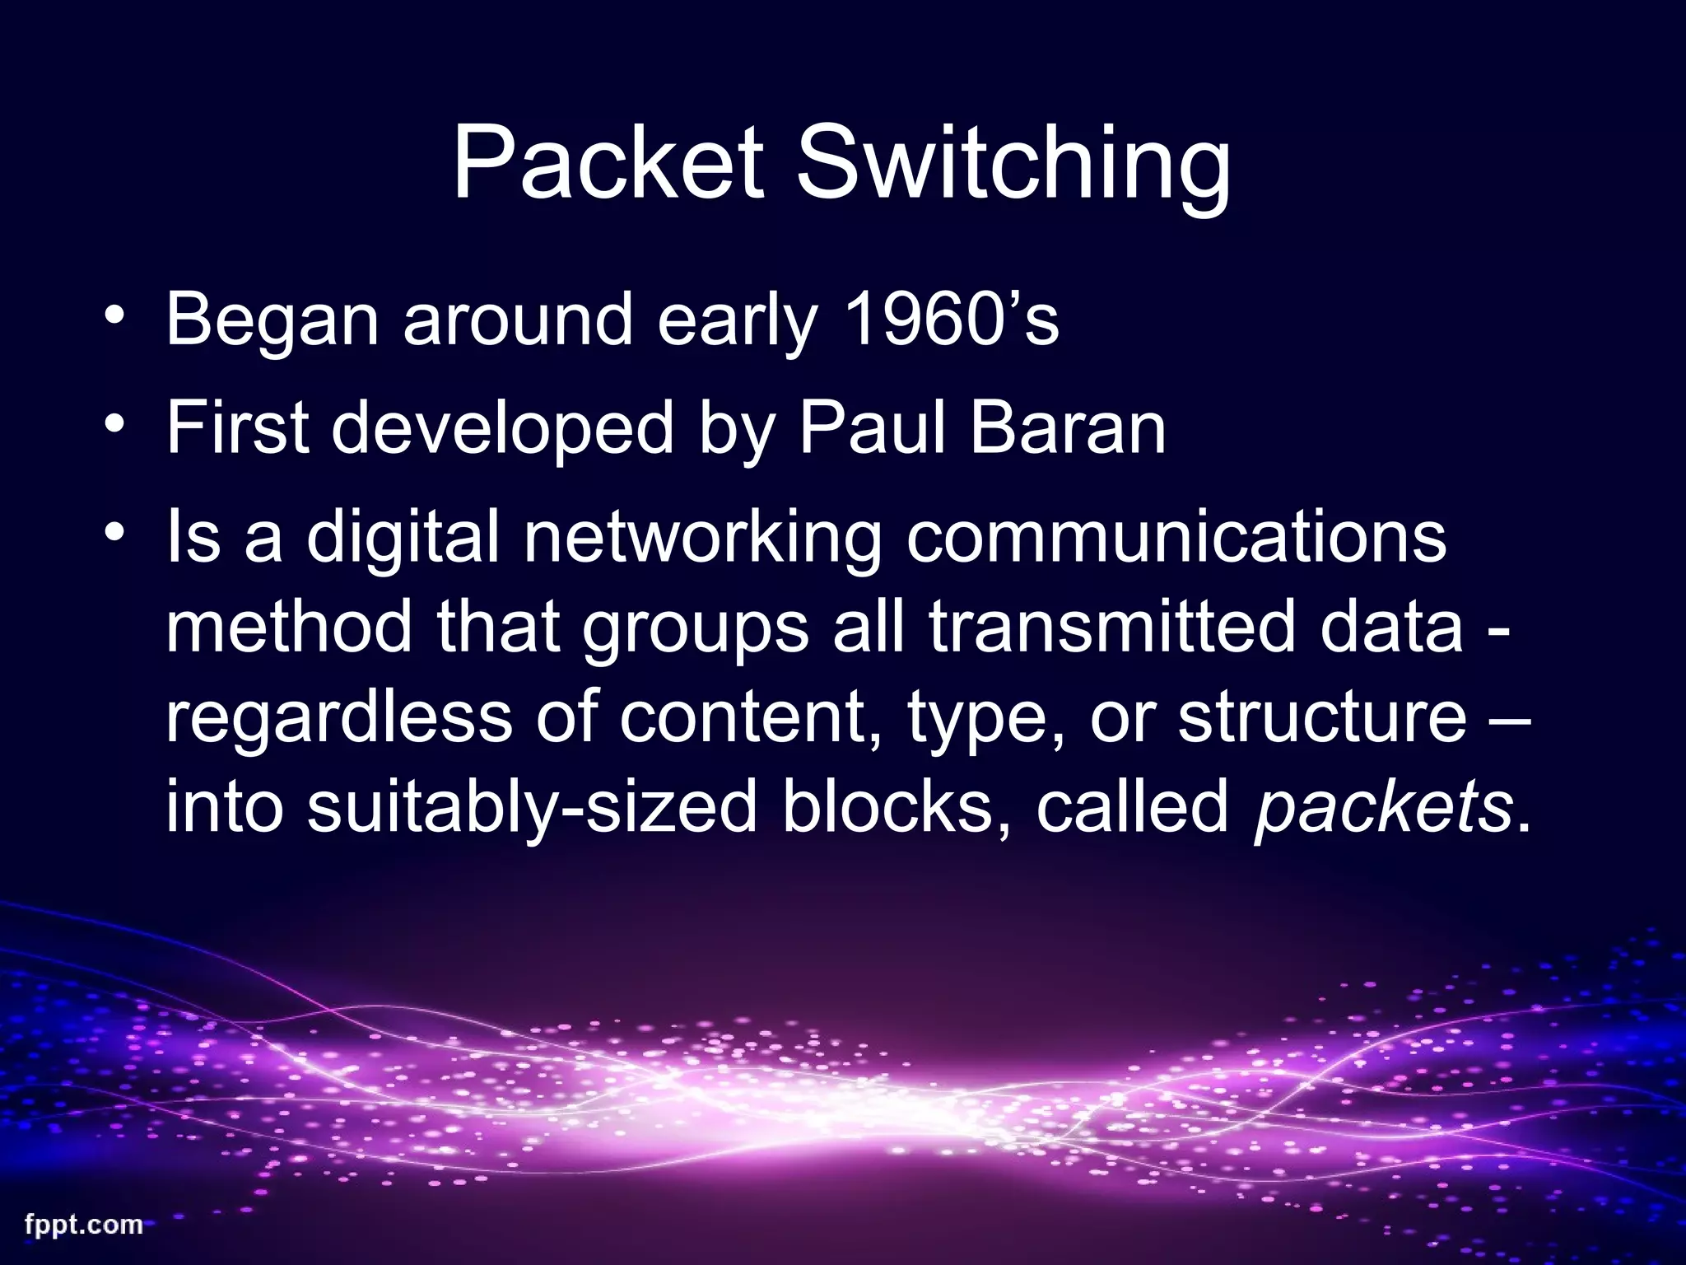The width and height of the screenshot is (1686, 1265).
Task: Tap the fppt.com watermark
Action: pyautogui.click(x=83, y=1225)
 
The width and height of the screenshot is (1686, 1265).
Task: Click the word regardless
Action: pyautogui.click(x=339, y=718)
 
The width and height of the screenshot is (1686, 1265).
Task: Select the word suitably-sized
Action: pyautogui.click(x=532, y=809)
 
